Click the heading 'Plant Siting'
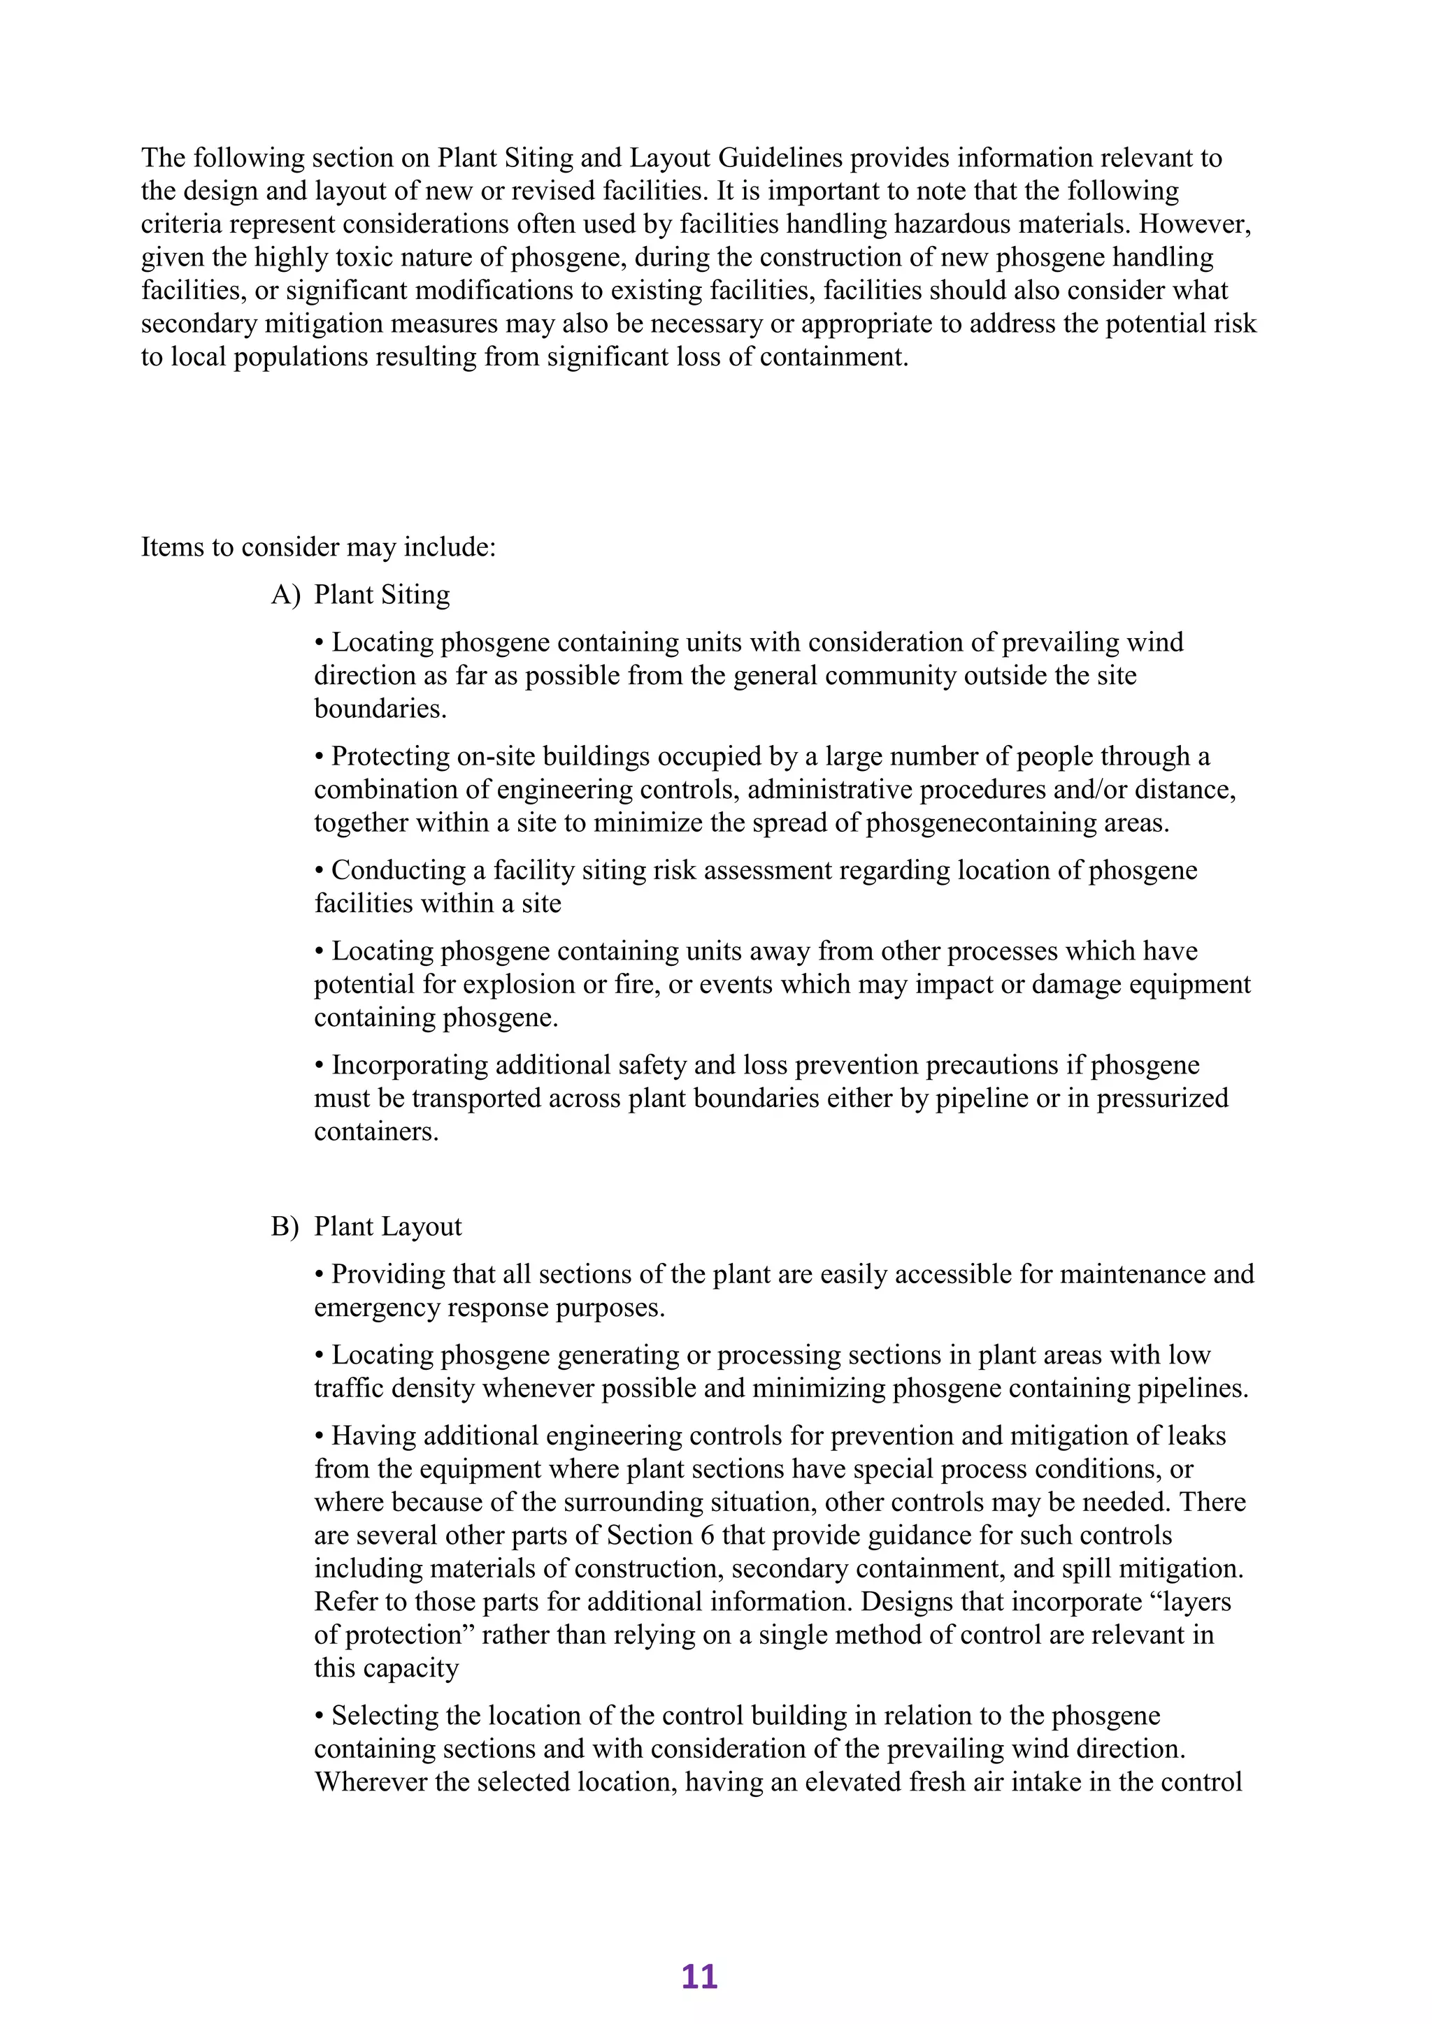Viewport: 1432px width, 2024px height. click(x=382, y=595)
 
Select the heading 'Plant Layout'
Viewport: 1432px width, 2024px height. click(x=388, y=1227)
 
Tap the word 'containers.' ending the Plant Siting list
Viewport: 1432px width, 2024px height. click(x=376, y=1132)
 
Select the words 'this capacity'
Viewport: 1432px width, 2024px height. click(x=386, y=1669)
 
